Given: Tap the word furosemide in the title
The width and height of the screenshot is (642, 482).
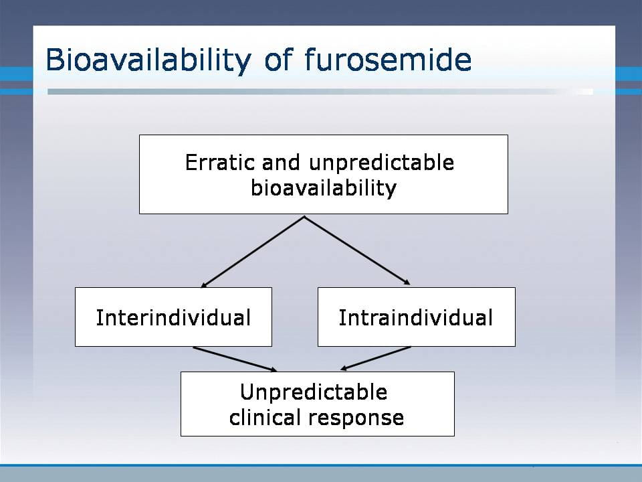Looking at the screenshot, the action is (x=388, y=59).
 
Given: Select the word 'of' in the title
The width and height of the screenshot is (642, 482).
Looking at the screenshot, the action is (x=278, y=59).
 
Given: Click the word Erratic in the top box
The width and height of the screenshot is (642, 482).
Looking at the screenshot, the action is (x=220, y=162).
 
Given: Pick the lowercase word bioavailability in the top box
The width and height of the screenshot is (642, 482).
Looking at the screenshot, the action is (x=324, y=188).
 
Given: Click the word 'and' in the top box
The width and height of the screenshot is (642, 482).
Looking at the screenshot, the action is (x=282, y=162).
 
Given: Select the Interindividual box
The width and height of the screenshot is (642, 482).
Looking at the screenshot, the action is (x=173, y=317).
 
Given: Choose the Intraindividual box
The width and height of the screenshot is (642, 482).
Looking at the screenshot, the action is (x=417, y=317).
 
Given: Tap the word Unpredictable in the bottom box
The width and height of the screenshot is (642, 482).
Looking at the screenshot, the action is (x=314, y=392).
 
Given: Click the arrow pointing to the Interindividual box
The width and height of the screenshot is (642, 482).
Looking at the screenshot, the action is (x=252, y=252).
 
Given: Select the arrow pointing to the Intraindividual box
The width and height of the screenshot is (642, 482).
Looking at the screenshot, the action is (x=357, y=251).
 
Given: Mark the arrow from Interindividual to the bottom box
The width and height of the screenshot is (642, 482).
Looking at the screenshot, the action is (x=235, y=359).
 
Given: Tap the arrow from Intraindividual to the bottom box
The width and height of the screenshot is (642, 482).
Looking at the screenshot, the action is (x=375, y=359).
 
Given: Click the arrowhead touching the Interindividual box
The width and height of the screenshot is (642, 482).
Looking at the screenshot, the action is (x=203, y=285).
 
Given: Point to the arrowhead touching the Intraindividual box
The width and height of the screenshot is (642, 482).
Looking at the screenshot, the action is (x=407, y=283).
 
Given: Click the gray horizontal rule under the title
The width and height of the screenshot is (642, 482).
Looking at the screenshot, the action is (x=320, y=92).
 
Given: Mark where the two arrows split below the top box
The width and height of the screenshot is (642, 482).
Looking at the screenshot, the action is (x=304, y=217).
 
